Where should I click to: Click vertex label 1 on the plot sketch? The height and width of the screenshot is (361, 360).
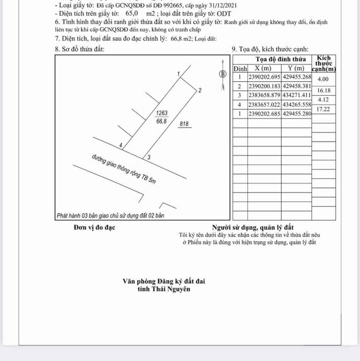coord(178,74)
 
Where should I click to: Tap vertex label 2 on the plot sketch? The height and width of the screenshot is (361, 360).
coord(200,91)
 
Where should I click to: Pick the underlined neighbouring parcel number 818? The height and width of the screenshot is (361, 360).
coord(184,124)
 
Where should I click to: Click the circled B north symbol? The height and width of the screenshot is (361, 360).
coord(223,74)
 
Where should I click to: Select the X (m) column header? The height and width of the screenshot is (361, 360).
coord(264,68)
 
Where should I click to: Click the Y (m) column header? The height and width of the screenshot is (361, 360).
coord(296,68)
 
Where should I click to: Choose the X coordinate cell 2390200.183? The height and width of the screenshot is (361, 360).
coord(264,86)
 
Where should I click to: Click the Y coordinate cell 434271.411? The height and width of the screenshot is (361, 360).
coord(297,95)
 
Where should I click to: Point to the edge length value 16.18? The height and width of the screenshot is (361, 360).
coord(323,91)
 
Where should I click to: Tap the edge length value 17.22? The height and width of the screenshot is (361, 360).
coord(323,109)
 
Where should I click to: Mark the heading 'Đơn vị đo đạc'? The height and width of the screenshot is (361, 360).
coord(95,228)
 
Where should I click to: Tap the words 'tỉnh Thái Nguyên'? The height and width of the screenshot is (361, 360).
coord(164,289)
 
